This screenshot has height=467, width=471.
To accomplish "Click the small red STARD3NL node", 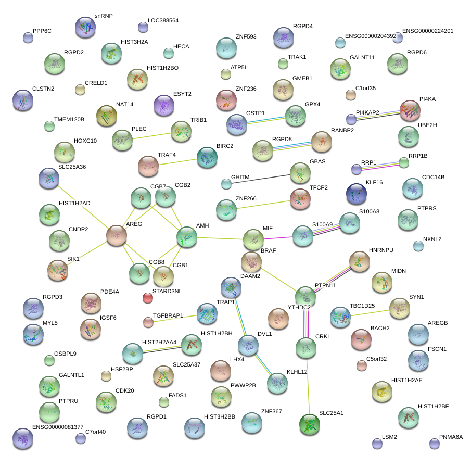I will pyautogui.click(x=148, y=298).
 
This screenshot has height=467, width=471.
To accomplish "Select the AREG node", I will pyautogui.click(x=117, y=235).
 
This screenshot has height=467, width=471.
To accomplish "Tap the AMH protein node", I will pyautogui.click(x=187, y=236).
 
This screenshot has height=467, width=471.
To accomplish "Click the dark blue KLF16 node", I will pyautogui.click(x=357, y=194).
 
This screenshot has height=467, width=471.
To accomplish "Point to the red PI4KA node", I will pyautogui.click(x=410, y=110).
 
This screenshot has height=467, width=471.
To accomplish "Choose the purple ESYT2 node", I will pyautogui.click(x=163, y=105).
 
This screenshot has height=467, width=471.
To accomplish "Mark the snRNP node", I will pyautogui.click(x=85, y=27).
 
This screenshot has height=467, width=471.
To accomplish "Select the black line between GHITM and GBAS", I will pyautogui.click(x=263, y=179).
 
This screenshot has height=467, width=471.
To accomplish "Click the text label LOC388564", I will pyautogui.click(x=163, y=21).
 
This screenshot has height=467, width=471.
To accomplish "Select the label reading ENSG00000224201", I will pyautogui.click(x=428, y=31).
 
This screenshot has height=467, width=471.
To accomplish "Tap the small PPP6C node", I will pyautogui.click(x=28, y=37).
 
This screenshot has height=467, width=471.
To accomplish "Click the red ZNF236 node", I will pyautogui.click(x=226, y=100).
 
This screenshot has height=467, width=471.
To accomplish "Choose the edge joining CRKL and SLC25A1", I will pyautogui.click(x=308, y=386).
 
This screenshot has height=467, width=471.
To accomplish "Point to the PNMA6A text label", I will pyautogui.click(x=451, y=437).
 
